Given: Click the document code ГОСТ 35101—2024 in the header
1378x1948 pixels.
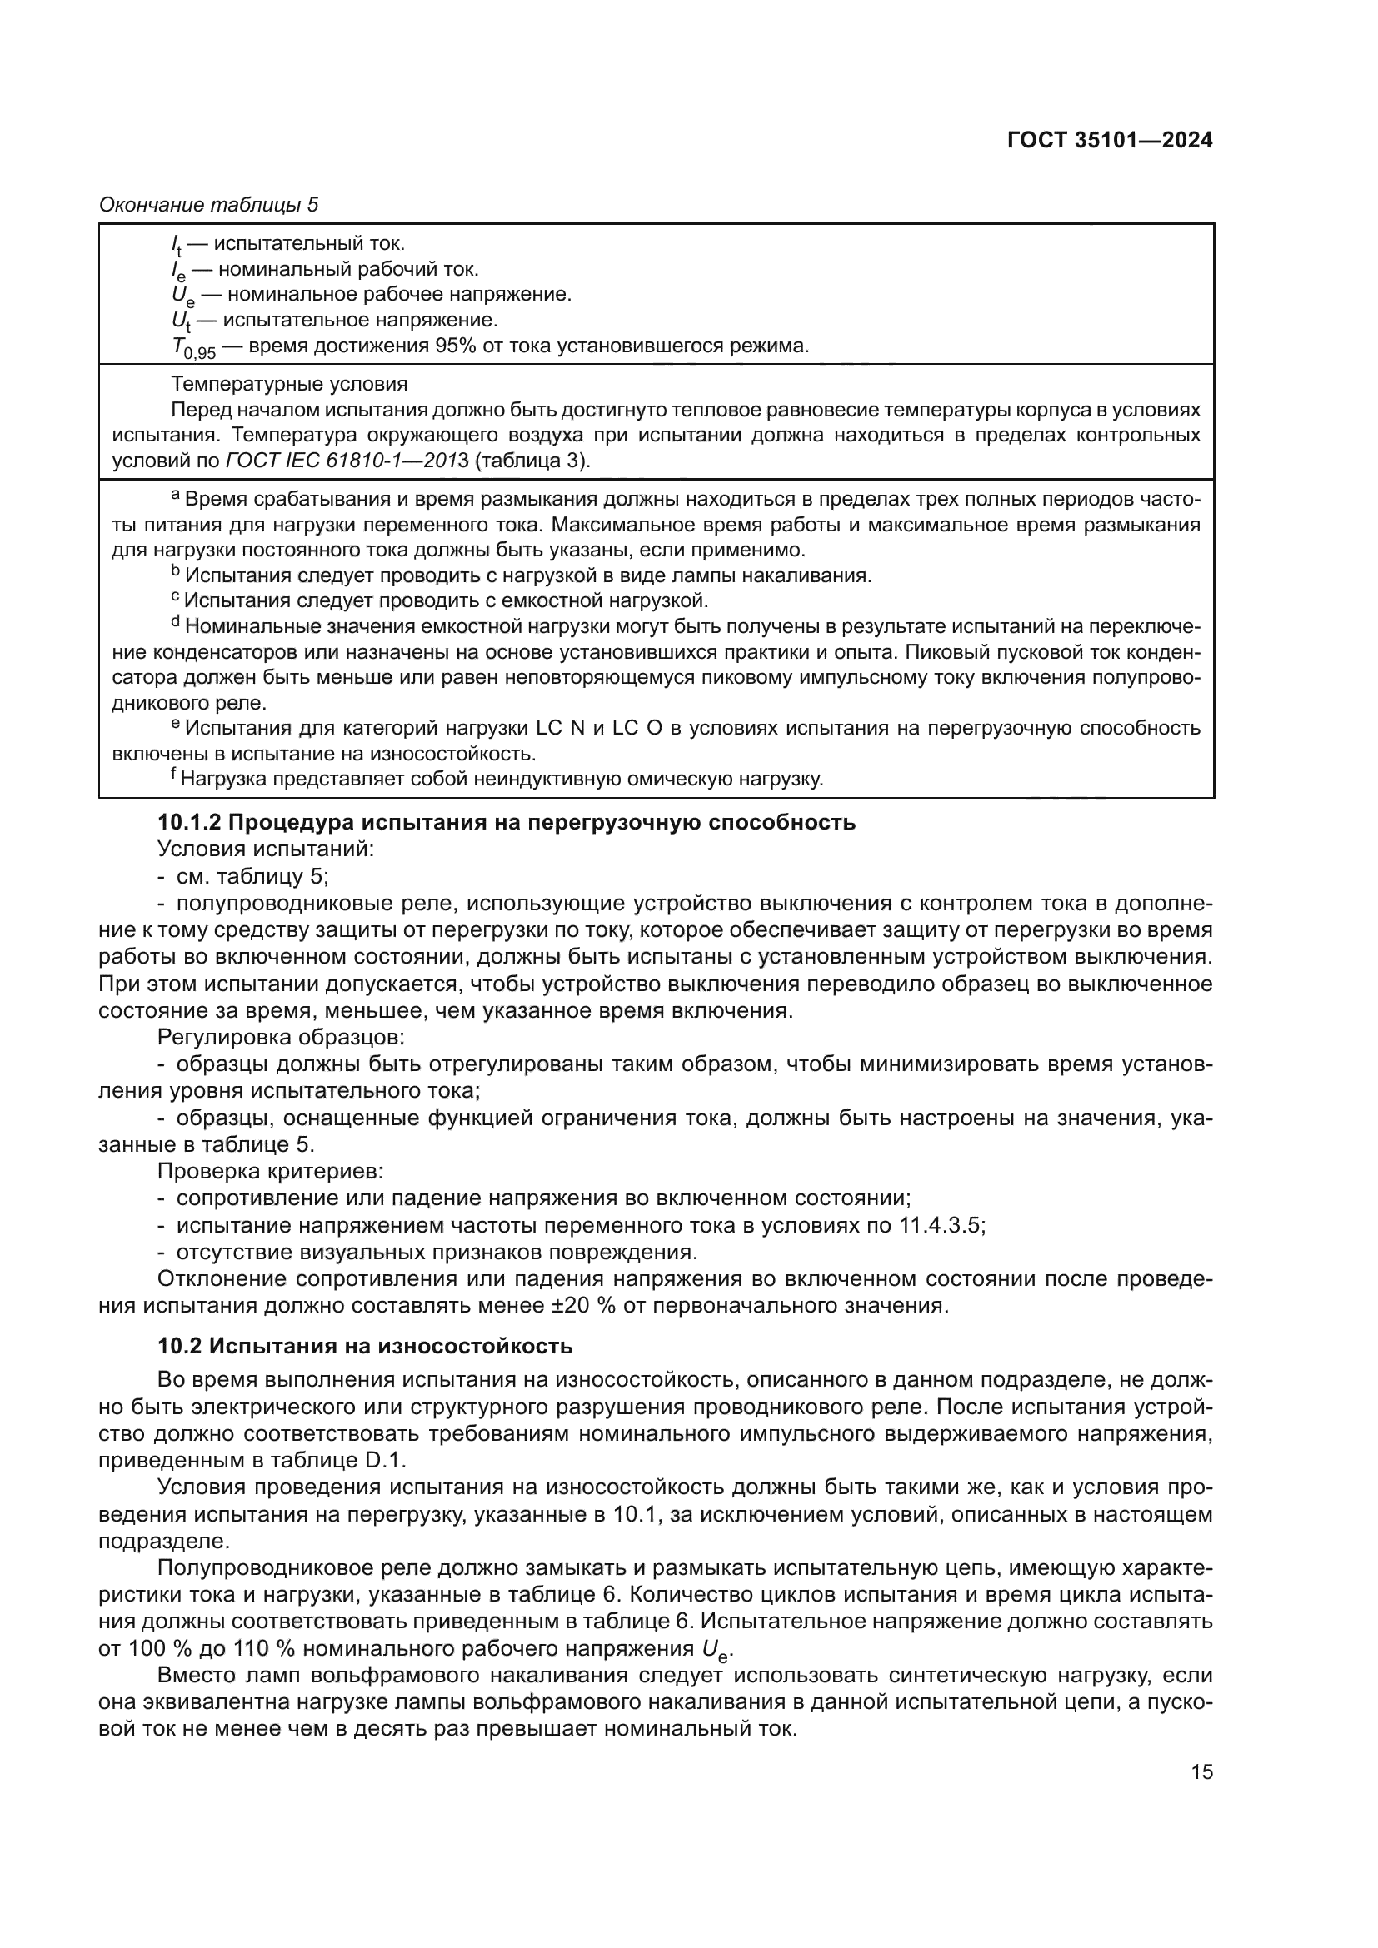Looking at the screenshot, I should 1109,141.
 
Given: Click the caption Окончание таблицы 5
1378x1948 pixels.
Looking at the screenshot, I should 209,205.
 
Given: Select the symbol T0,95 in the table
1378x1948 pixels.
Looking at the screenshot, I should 193,348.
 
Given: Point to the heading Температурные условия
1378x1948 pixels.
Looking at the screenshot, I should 288,384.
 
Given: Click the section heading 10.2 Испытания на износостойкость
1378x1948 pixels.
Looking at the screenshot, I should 365,1347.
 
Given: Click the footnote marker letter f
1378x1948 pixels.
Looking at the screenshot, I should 173,774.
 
